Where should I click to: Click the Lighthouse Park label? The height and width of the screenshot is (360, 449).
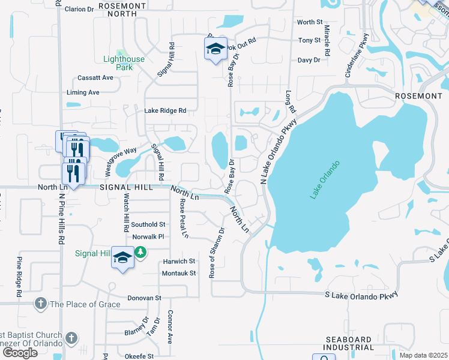tap(124, 63)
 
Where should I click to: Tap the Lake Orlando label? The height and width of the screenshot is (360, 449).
tap(325, 179)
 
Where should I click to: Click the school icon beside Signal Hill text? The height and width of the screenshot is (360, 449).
tap(122, 258)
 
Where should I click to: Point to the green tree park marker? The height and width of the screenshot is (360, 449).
tap(140, 253)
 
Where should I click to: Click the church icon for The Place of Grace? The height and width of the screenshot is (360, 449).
tap(41, 304)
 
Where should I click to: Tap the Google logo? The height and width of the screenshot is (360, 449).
tap(20, 352)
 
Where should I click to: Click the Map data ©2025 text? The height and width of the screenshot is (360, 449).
tap(423, 355)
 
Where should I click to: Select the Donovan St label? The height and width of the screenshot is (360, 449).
tap(144, 298)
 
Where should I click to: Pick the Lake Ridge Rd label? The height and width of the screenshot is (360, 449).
tap(165, 110)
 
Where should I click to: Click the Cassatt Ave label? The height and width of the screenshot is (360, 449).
tap(95, 78)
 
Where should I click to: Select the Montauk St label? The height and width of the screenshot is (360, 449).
tap(179, 273)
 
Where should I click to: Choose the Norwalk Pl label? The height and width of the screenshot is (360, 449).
tap(148, 237)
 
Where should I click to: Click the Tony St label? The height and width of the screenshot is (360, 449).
tap(310, 40)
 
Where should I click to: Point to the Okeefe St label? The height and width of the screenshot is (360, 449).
tap(140, 356)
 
